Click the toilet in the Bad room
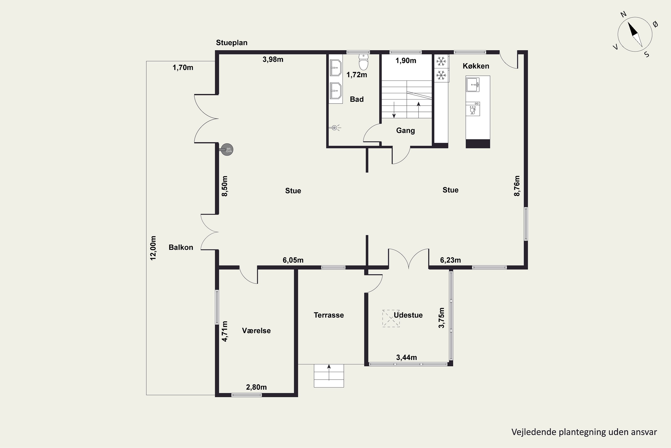[363, 62]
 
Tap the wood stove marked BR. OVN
[227, 149]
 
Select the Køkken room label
[476, 66]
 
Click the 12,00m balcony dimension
[153, 248]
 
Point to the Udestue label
[408, 315]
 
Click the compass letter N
[623, 22]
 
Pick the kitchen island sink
[473, 85]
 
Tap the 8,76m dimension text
[517, 186]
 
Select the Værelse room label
[256, 331]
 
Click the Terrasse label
[329, 315]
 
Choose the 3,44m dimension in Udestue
[407, 358]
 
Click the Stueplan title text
[232, 43]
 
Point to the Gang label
[405, 131]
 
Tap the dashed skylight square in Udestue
[391, 318]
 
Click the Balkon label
[181, 248]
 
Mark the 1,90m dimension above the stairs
[406, 60]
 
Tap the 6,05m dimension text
[293, 260]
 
